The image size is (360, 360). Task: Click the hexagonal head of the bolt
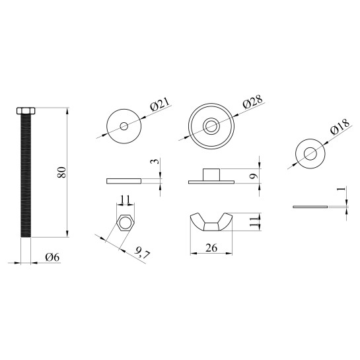pos(26,111)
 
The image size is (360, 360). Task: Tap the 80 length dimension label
pos(61,172)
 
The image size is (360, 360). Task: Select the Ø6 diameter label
pos(52,257)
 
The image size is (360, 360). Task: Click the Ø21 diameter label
pos(160,104)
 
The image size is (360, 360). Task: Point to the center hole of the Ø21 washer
pos(124,126)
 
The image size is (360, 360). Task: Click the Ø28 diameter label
pos(252,102)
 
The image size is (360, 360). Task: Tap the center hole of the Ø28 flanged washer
pos(211,126)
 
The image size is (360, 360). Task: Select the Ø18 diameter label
pos(340,127)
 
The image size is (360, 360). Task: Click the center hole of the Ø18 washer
pos(310,154)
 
